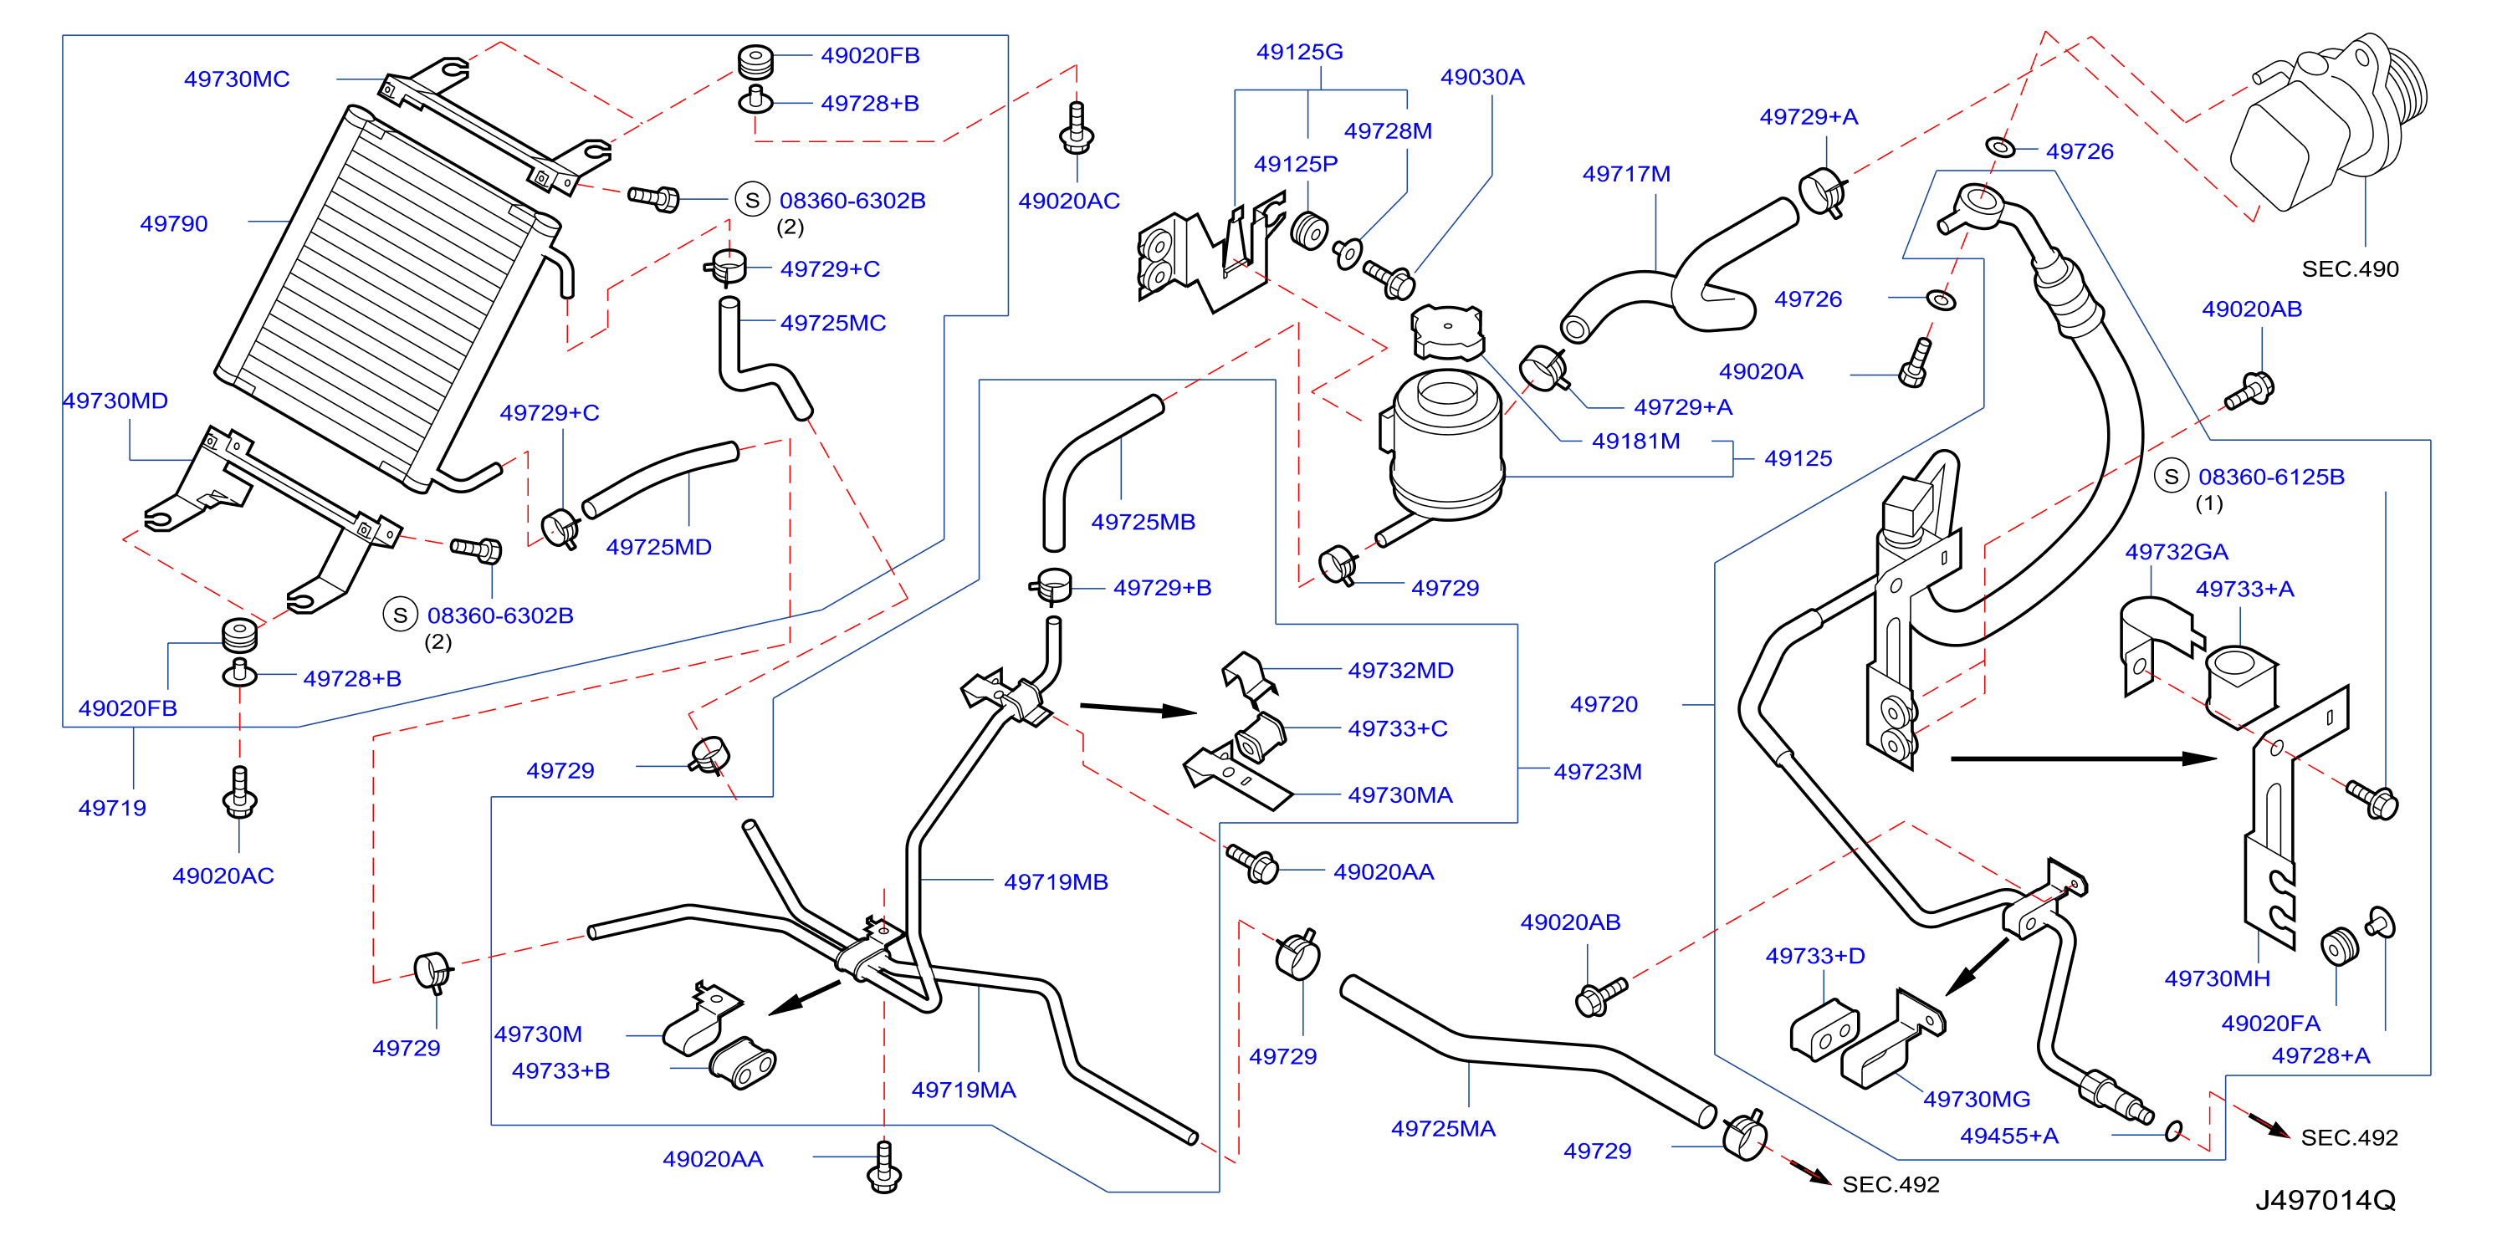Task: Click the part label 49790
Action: (174, 223)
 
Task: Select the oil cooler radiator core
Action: (386, 299)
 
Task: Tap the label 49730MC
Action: (237, 79)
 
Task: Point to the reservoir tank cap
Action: (1447, 331)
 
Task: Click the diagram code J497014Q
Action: (2325, 1200)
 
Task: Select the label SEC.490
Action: (2350, 269)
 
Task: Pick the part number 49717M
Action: (1626, 174)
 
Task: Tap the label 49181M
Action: (1635, 441)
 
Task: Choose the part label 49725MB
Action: (1144, 522)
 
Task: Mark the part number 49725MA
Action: (1443, 1128)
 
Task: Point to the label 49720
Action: (1604, 704)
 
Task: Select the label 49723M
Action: (1598, 772)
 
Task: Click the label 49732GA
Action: (2177, 552)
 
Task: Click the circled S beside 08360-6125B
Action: (2172, 476)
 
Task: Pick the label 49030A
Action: (1482, 77)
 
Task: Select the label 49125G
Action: (1300, 52)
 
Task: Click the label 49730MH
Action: (2218, 978)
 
